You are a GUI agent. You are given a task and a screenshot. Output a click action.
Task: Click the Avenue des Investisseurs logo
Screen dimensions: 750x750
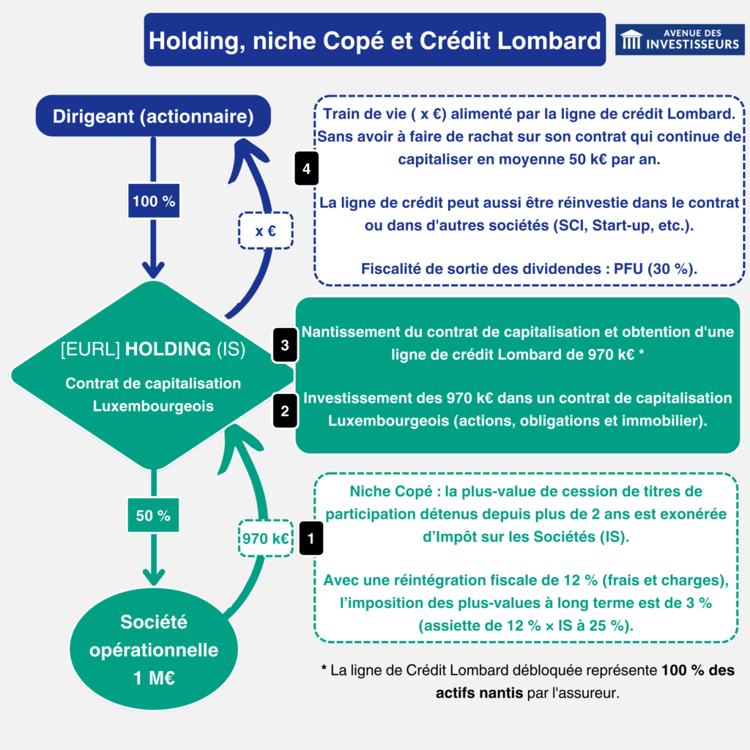679,40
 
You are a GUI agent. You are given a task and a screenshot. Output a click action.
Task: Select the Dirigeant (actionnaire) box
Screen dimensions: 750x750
153,116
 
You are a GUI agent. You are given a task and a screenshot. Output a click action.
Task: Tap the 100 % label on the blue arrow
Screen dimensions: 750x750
154,201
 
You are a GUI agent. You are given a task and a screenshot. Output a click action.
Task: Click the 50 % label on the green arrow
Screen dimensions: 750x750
153,515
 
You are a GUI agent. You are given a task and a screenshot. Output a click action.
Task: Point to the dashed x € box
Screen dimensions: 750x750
265,231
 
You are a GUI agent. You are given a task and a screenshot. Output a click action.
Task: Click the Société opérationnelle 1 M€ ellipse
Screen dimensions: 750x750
154,650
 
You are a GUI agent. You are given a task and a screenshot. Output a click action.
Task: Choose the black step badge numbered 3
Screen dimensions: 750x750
285,345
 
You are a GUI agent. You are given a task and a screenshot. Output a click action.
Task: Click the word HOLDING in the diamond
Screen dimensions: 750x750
168,349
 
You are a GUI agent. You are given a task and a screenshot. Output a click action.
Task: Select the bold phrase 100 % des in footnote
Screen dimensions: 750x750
697,670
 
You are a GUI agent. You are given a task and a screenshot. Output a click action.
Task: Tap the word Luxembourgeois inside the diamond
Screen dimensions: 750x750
153,405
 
